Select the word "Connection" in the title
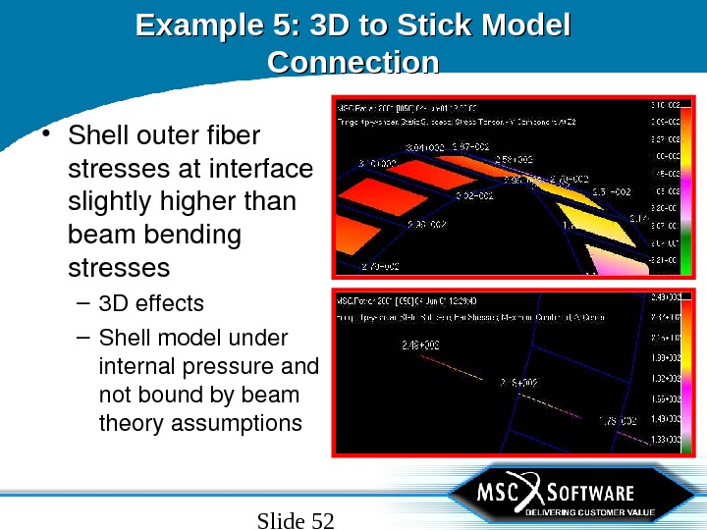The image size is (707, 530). (353, 63)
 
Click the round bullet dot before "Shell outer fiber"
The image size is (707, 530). (47, 133)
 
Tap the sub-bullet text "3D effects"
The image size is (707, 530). (151, 303)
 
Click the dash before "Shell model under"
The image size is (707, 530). (82, 339)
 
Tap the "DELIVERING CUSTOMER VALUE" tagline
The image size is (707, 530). (589, 512)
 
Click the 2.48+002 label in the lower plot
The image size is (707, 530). (420, 345)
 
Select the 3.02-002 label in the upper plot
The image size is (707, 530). (474, 196)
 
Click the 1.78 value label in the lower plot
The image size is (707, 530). (619, 421)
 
